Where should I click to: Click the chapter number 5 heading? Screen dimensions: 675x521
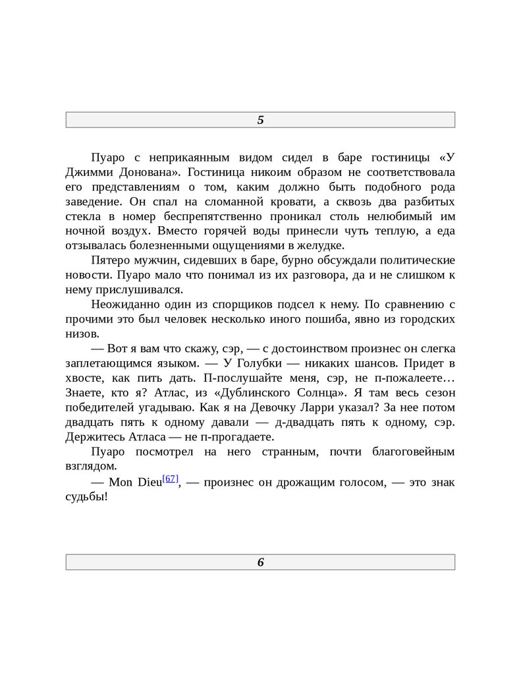click(260, 120)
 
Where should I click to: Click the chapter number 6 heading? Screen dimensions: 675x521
click(260, 562)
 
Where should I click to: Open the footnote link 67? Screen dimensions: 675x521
click(170, 479)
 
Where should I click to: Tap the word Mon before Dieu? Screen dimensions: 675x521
click(121, 483)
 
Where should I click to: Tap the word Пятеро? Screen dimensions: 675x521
click(112, 260)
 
